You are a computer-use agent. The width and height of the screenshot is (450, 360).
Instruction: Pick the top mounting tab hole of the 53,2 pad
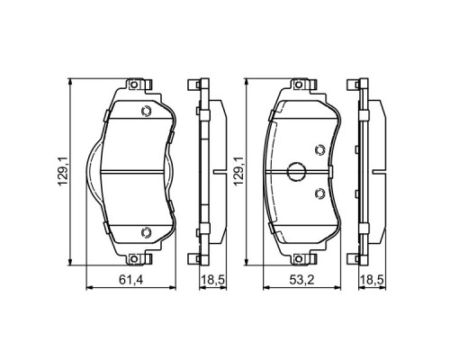(x=297, y=87)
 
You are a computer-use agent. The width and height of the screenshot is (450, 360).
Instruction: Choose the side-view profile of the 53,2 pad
(x=364, y=171)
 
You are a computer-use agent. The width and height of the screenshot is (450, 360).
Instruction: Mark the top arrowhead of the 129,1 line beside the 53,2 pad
(x=247, y=83)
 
